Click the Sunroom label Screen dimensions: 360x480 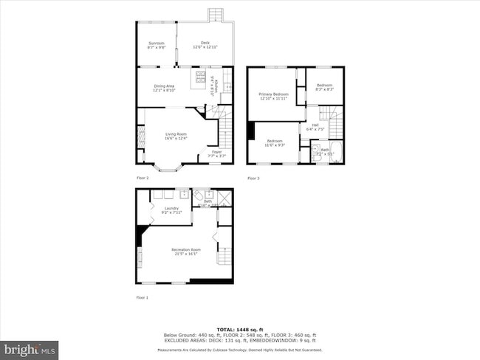157,45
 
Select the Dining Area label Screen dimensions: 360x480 164,88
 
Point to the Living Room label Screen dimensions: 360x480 176,136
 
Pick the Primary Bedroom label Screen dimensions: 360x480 273,96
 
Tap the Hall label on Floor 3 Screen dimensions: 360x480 315,127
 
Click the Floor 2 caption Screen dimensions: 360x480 143,178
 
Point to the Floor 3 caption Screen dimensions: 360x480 253,178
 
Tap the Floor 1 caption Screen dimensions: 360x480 143,297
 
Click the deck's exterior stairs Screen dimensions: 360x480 216,15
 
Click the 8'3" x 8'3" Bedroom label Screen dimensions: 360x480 325,87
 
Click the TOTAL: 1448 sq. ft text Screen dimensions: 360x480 240,329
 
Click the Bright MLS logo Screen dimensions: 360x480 30,347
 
